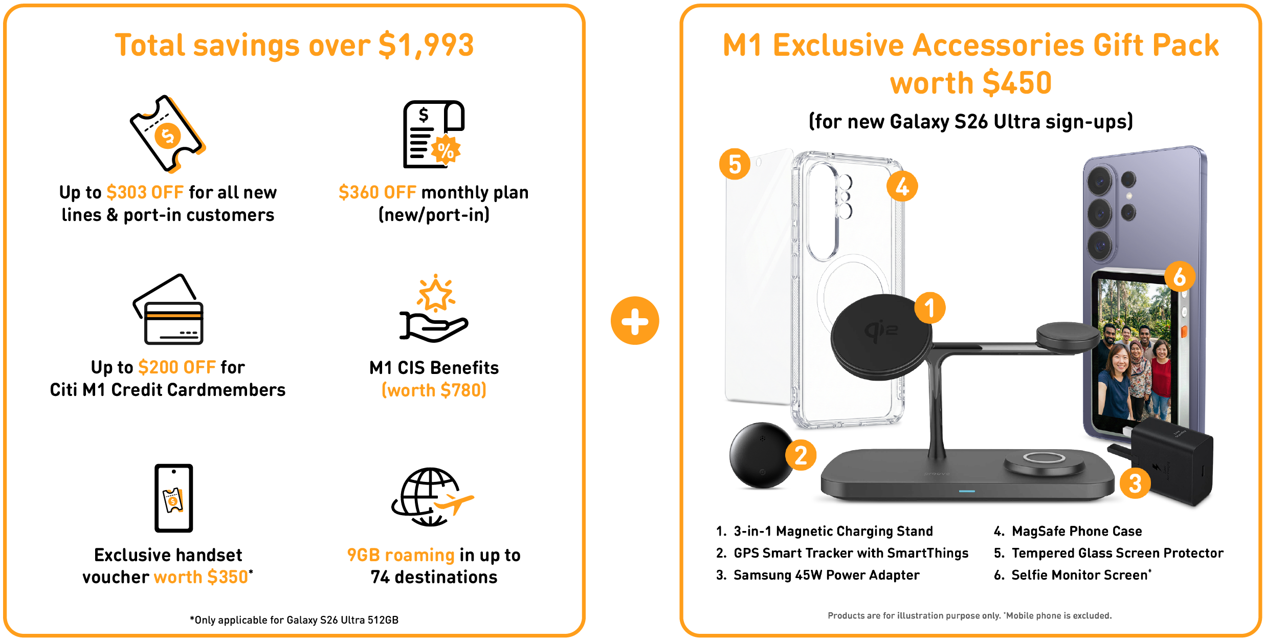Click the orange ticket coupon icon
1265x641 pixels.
pyautogui.click(x=167, y=134)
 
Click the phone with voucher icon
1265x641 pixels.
pyautogui.click(x=174, y=498)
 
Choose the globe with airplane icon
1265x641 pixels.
pyautogui.click(x=431, y=497)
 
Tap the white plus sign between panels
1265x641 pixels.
pyautogui.click(x=635, y=322)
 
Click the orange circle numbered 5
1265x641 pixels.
pyautogui.click(x=735, y=164)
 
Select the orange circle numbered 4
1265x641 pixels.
pyautogui.click(x=902, y=186)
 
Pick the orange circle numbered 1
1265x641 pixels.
pyautogui.click(x=929, y=308)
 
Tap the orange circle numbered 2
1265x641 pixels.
pyautogui.click(x=801, y=455)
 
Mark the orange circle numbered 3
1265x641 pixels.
pyautogui.click(x=1135, y=483)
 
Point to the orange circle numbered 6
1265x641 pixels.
pyautogui.click(x=1180, y=277)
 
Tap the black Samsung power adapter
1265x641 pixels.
pyautogui.click(x=1171, y=463)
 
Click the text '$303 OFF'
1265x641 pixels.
pyautogui.click(x=145, y=192)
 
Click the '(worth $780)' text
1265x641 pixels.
pyautogui.click(x=434, y=390)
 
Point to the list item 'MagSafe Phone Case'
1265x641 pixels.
pyautogui.click(x=1076, y=531)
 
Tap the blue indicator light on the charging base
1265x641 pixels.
pyautogui.click(x=967, y=491)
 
